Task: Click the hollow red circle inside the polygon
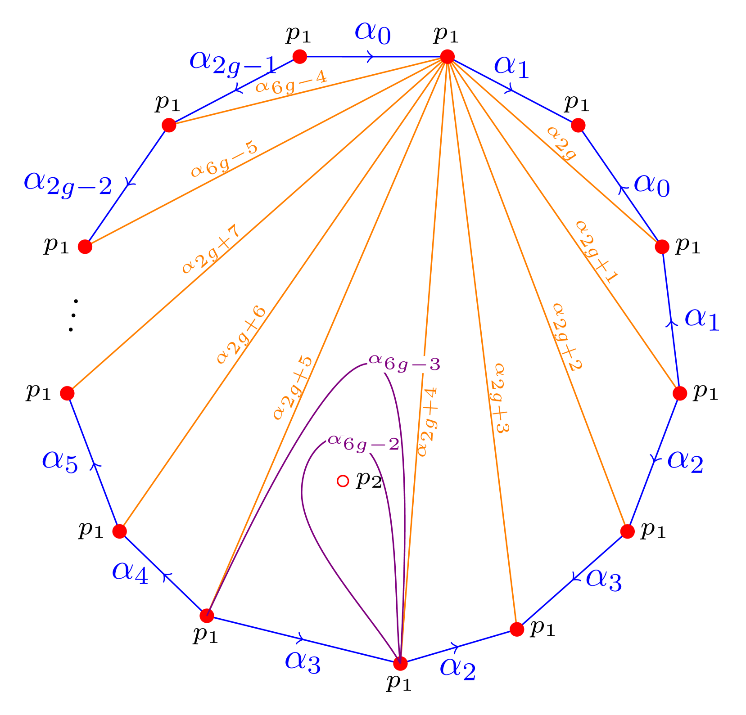[343, 481]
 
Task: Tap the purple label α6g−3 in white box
[405, 364]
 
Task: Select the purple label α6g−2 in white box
[363, 444]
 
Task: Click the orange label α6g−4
[291, 83]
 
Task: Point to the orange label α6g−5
[224, 160]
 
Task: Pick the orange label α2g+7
[210, 250]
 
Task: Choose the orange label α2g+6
[241, 335]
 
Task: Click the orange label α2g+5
[292, 388]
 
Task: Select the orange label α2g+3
[499, 398]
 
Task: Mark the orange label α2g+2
[567, 337]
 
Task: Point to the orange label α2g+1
[597, 252]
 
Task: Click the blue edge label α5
[60, 462]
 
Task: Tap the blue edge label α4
[130, 573]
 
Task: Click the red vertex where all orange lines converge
[447, 57]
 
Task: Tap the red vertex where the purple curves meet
[400, 663]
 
